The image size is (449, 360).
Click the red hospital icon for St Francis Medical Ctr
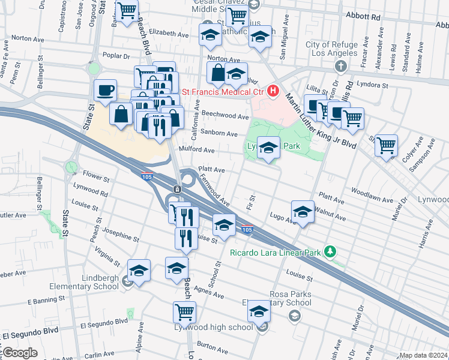click(274, 91)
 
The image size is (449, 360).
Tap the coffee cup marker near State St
click(105, 90)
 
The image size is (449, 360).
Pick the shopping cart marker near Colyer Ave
click(386, 145)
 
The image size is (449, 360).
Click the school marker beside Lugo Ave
click(303, 212)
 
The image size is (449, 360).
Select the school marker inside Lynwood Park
click(268, 148)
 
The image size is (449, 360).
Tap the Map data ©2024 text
click(423, 355)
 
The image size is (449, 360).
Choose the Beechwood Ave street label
click(225, 116)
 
